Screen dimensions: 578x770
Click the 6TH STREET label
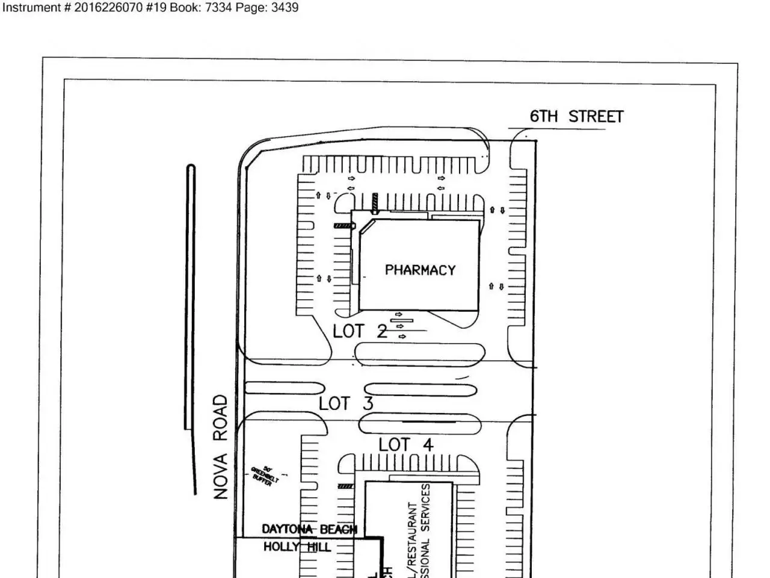pyautogui.click(x=576, y=117)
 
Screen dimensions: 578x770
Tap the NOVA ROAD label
pyautogui.click(x=221, y=447)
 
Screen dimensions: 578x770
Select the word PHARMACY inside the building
pyautogui.click(x=420, y=270)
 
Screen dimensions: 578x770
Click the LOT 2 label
pyautogui.click(x=360, y=331)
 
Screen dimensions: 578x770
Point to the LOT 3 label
pyautogui.click(x=346, y=403)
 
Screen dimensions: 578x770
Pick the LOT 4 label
pyautogui.click(x=406, y=445)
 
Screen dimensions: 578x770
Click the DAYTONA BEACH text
pyautogui.click(x=309, y=529)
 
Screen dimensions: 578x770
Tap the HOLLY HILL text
pyautogui.click(x=297, y=547)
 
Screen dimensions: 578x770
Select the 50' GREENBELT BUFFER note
pyautogui.click(x=264, y=476)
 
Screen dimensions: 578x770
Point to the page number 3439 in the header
pyautogui.click(x=285, y=8)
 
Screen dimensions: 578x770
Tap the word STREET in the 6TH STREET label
pyautogui.click(x=596, y=117)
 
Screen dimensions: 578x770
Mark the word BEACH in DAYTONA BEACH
pyautogui.click(x=338, y=529)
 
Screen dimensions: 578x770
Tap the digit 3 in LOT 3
pyautogui.click(x=368, y=403)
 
